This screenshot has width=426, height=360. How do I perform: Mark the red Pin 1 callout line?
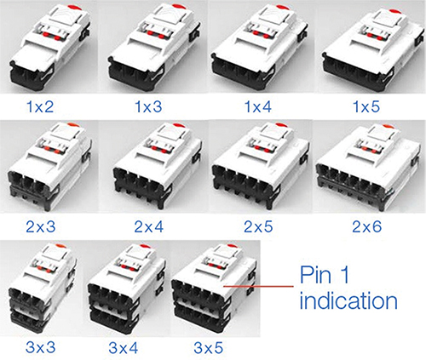[256, 288]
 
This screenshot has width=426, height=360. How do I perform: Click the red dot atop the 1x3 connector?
[157, 9]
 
